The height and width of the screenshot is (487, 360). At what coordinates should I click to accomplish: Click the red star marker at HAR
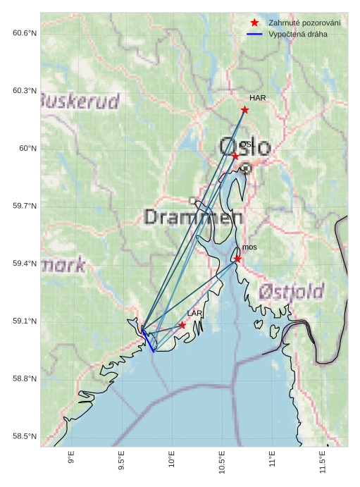pyautogui.click(x=244, y=109)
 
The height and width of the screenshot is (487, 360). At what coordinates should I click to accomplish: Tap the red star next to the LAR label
pyautogui.click(x=182, y=325)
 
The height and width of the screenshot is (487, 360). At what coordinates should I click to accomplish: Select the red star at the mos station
pyautogui.click(x=237, y=259)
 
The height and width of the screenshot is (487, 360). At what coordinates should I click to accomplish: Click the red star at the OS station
pyautogui.click(x=235, y=156)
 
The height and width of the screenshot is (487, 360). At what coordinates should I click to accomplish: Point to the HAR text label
pyautogui.click(x=258, y=98)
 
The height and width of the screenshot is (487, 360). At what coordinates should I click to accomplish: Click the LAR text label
pyautogui.click(x=194, y=313)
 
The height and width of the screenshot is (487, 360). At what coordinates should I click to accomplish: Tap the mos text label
pyautogui.click(x=249, y=247)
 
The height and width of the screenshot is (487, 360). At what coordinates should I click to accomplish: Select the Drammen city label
pyautogui.click(x=188, y=216)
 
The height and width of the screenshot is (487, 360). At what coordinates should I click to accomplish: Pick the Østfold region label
pyautogui.click(x=291, y=291)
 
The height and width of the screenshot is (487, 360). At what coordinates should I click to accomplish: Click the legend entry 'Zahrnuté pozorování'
pyautogui.click(x=304, y=23)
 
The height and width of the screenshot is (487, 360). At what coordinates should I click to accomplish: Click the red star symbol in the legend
pyautogui.click(x=254, y=23)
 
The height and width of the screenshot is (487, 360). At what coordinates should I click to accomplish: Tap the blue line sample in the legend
pyautogui.click(x=254, y=34)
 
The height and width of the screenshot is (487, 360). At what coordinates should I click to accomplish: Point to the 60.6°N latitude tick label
pyautogui.click(x=25, y=33)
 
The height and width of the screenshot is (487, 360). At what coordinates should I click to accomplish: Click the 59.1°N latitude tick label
pyautogui.click(x=25, y=321)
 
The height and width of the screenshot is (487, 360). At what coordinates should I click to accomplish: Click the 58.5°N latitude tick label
pyautogui.click(x=25, y=437)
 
